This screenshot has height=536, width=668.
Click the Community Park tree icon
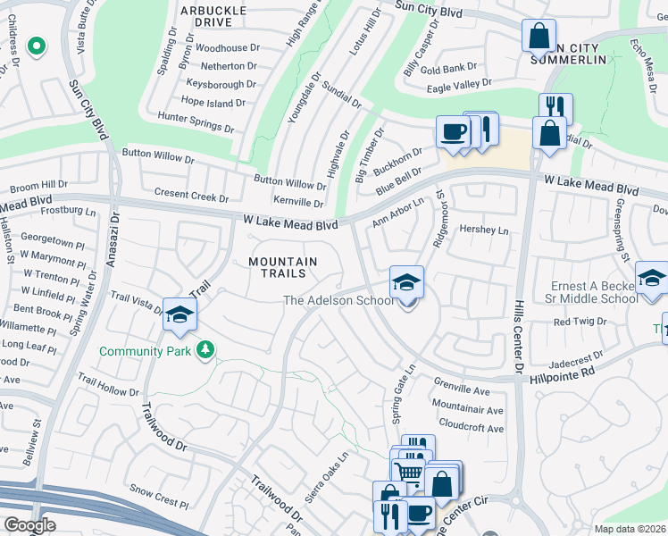[x=205, y=349]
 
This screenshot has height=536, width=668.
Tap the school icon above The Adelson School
[x=406, y=283]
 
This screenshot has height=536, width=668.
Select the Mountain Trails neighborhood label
[x=282, y=267]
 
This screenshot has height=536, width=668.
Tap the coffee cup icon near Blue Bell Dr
[x=453, y=132]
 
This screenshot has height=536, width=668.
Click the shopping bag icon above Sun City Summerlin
[x=539, y=37]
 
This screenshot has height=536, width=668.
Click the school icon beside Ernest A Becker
[x=652, y=278]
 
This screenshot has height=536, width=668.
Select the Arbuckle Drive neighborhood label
[x=213, y=16]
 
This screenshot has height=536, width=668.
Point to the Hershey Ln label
[x=483, y=230]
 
